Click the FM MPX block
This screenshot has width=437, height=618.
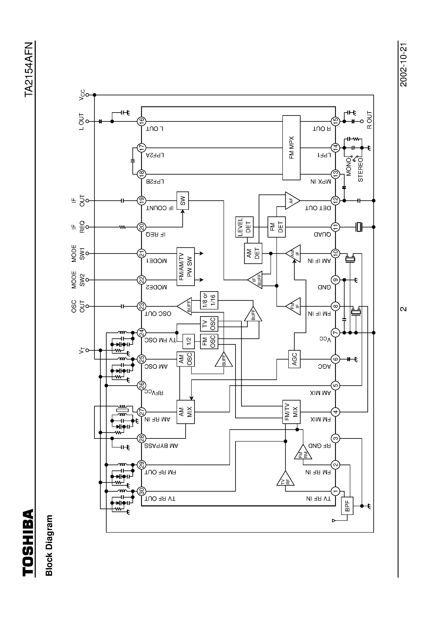pyautogui.click(x=291, y=148)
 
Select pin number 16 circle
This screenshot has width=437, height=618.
pyautogui.click(x=142, y=121)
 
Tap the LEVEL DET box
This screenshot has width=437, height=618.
pyautogui.click(x=244, y=227)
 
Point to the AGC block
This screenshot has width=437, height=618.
pyautogui.click(x=294, y=359)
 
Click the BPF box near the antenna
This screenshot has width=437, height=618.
pyautogui.click(x=347, y=506)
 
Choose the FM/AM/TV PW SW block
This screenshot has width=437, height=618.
pyautogui.click(x=186, y=267)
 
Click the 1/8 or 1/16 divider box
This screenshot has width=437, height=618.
pyautogui.click(x=209, y=300)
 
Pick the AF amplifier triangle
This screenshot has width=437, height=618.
pyautogui.click(x=291, y=201)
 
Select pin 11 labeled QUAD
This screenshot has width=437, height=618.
pyautogui.click(x=335, y=227)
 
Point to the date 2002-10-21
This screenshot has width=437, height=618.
pyautogui.click(x=403, y=65)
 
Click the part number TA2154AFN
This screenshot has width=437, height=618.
pyautogui.click(x=29, y=69)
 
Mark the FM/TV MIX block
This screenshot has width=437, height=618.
pyautogui.click(x=291, y=412)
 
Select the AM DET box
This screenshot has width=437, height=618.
pyautogui.click(x=253, y=253)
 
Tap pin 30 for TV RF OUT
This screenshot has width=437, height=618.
pyautogui.click(x=142, y=491)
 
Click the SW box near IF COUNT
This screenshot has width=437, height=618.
pyautogui.click(x=183, y=201)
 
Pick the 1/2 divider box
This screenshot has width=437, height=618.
pyautogui.click(x=189, y=341)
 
